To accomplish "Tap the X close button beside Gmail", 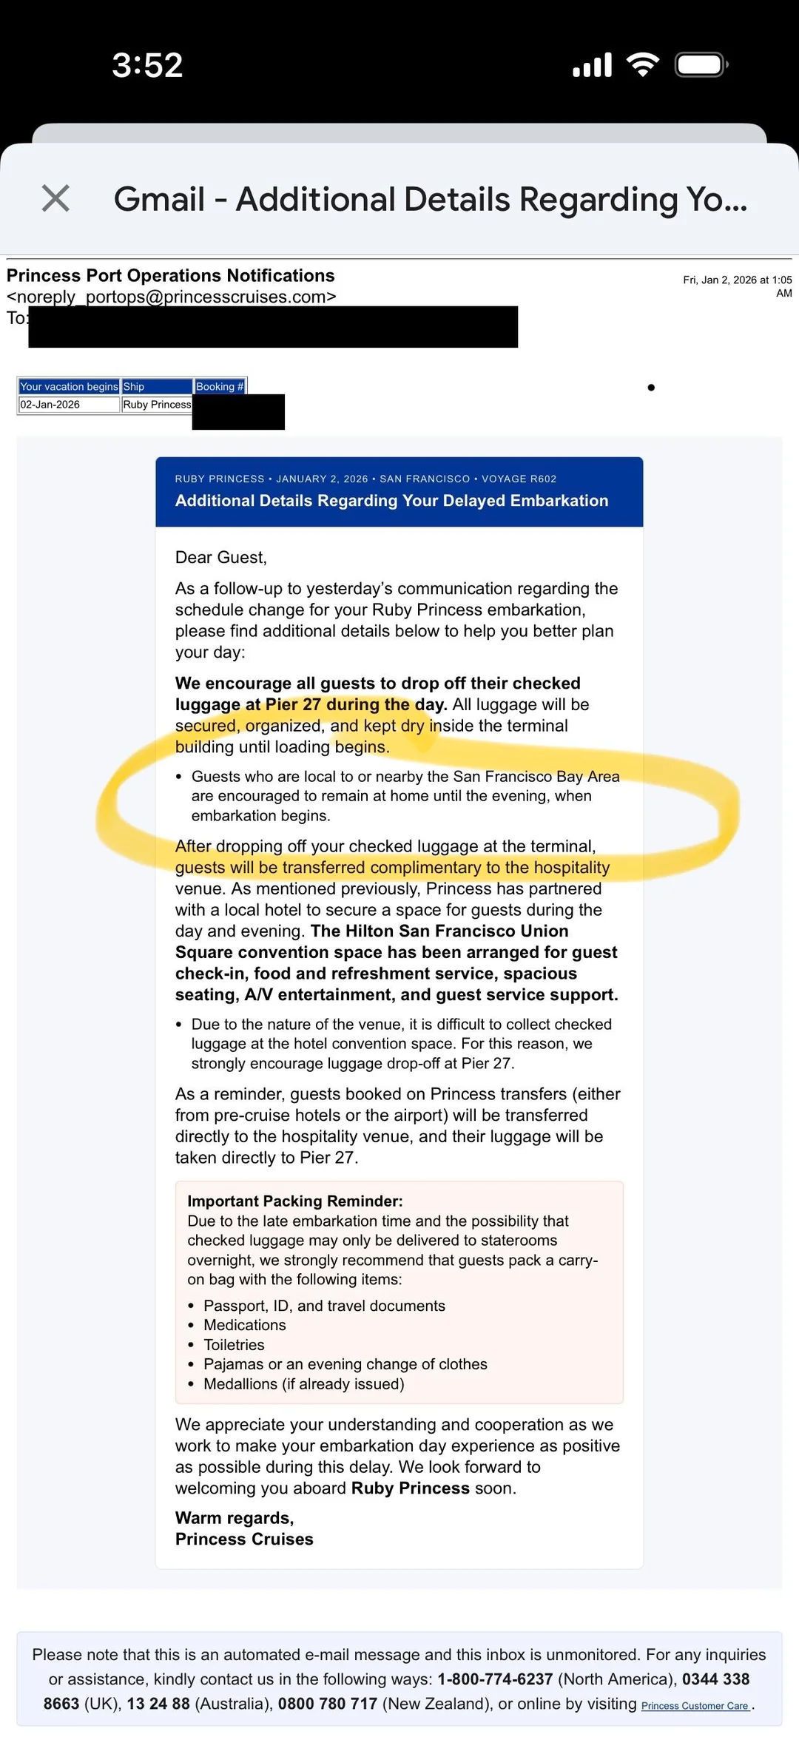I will click(x=55, y=198).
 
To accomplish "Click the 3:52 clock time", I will click(x=147, y=65).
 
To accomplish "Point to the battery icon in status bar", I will click(x=701, y=65).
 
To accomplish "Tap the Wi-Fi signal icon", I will click(x=643, y=65).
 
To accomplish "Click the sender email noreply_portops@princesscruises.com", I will click(x=172, y=297).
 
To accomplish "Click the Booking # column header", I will click(x=220, y=386).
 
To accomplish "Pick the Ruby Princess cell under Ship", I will click(x=157, y=405).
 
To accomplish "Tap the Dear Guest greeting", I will click(x=220, y=557).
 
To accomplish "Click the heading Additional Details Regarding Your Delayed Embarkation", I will click(x=391, y=501).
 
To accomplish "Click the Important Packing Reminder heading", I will click(x=294, y=1201).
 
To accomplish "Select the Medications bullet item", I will click(x=244, y=1325).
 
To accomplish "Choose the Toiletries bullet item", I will click(x=234, y=1345).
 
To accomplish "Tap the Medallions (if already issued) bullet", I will click(x=303, y=1383).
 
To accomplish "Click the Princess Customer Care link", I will click(x=695, y=1706).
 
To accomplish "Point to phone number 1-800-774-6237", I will click(x=495, y=1679).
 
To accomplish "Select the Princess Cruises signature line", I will click(x=244, y=1539).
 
